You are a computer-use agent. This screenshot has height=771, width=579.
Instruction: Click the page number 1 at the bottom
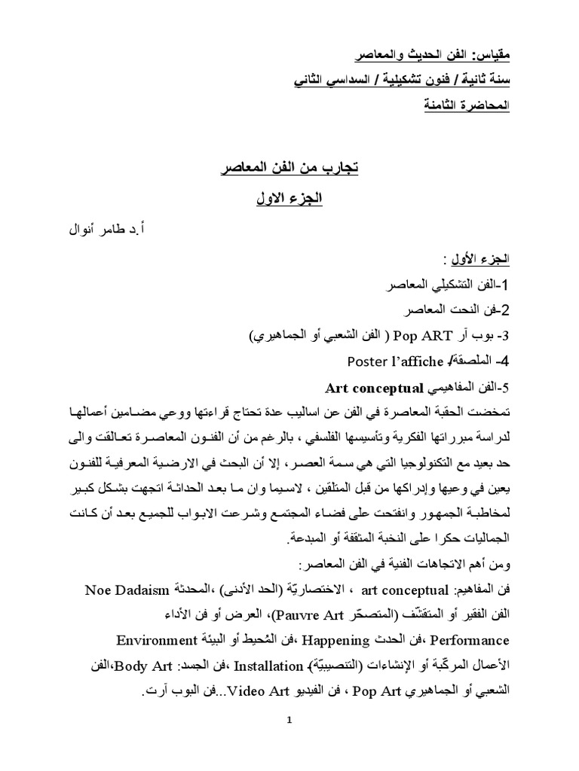tap(289, 720)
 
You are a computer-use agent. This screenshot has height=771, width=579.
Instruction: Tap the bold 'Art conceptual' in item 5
tap(375, 389)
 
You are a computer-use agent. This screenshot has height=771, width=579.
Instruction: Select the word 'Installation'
tap(267, 666)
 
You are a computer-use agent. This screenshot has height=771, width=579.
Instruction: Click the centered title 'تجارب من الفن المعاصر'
tap(289, 168)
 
